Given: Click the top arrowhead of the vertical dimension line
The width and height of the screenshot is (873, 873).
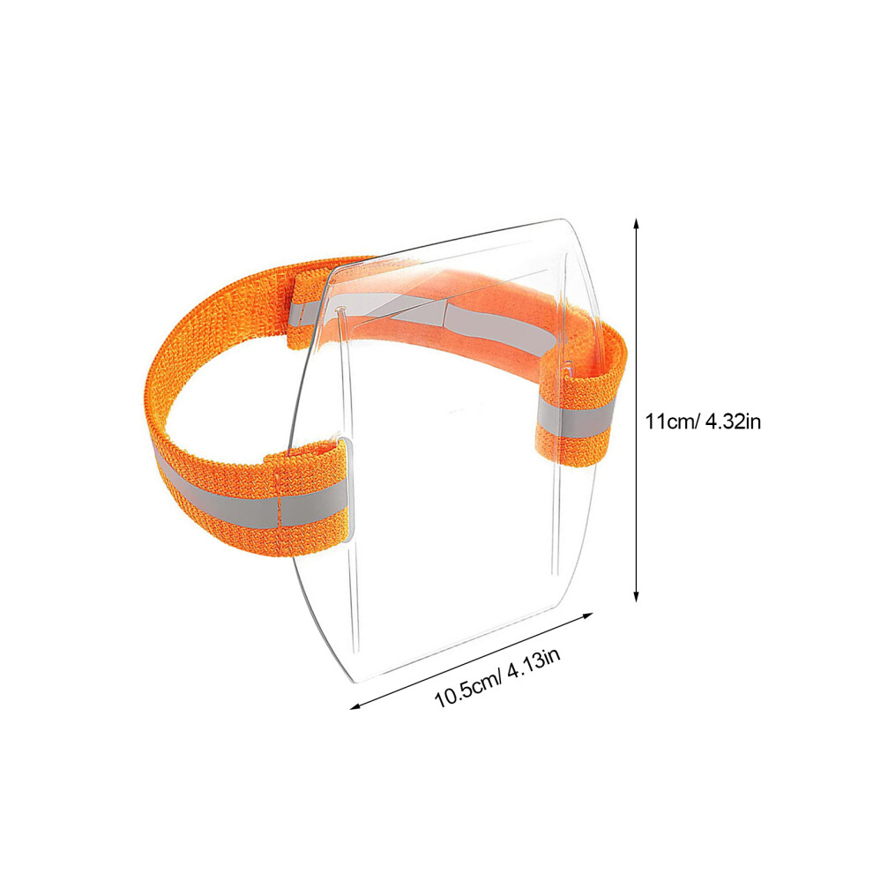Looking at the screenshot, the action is coord(637,223).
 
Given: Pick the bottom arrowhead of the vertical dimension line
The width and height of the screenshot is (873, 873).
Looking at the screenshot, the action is coord(637,596).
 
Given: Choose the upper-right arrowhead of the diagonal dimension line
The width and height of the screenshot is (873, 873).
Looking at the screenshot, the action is coord(586,616).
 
